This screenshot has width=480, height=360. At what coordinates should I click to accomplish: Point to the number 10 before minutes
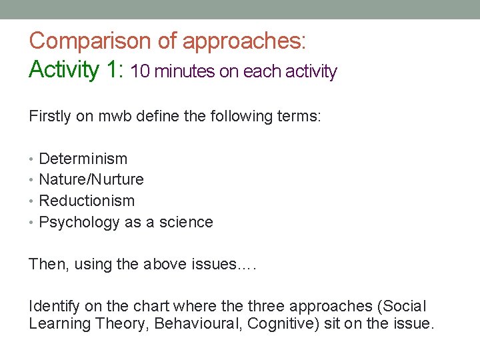[x=141, y=71]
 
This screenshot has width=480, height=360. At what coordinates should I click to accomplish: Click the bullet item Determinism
[x=83, y=159]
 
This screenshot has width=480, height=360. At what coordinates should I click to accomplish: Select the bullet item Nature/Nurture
[x=91, y=179]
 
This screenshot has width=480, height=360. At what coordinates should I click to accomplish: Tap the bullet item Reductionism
[x=87, y=201]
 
